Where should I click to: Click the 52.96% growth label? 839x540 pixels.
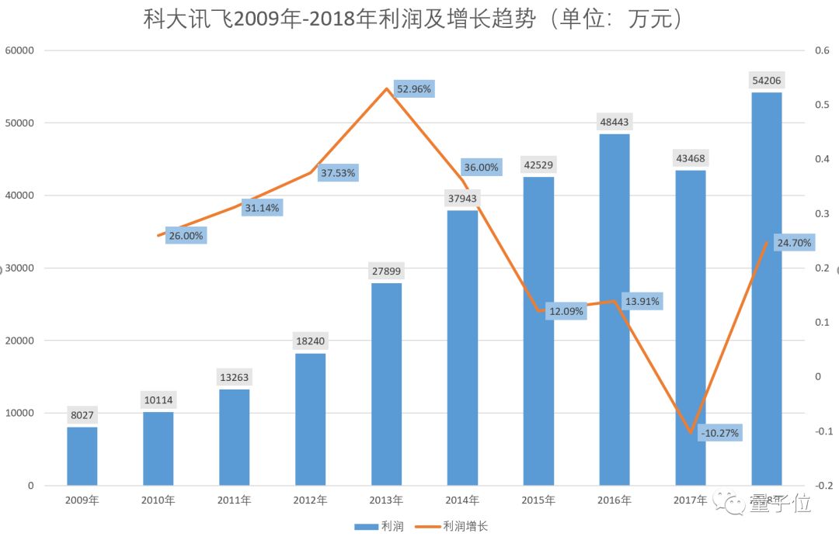click(414, 89)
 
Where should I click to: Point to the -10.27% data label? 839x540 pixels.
click(719, 432)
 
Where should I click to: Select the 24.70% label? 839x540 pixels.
click(794, 243)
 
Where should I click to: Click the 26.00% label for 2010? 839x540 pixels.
click(186, 236)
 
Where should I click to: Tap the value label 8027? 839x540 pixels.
click(82, 415)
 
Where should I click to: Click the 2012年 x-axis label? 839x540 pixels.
click(311, 500)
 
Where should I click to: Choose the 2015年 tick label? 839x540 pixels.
click(538, 500)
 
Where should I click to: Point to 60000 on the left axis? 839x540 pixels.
click(20, 50)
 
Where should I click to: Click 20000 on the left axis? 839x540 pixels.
click(20, 341)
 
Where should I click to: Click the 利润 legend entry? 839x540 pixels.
click(381, 527)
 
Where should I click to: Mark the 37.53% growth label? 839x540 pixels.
click(338, 173)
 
